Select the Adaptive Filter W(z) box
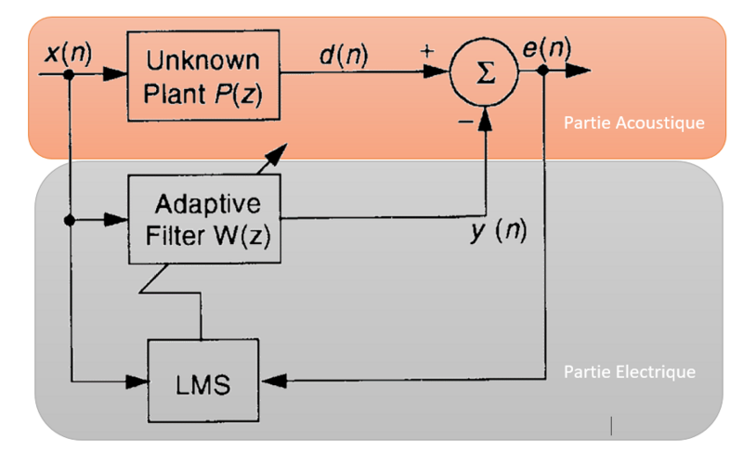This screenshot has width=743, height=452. (202, 219)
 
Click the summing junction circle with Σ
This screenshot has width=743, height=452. (483, 73)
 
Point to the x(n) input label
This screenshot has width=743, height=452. (68, 53)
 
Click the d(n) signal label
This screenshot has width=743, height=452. (343, 54)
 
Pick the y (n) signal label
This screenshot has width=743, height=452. (498, 231)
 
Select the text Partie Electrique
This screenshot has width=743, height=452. (629, 371)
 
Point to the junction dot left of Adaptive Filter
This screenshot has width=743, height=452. (69, 220)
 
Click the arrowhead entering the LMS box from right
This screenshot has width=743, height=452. (272, 380)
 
